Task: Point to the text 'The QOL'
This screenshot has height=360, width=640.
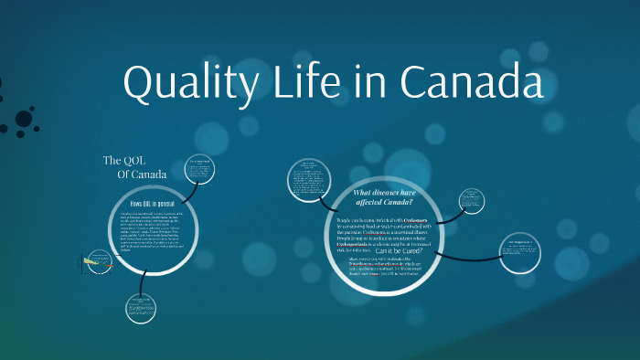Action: (x=124, y=161)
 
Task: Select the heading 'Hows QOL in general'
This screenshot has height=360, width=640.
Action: (x=154, y=203)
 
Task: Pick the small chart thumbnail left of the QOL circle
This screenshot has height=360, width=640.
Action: (x=92, y=266)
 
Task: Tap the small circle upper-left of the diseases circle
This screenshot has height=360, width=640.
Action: (x=308, y=177)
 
